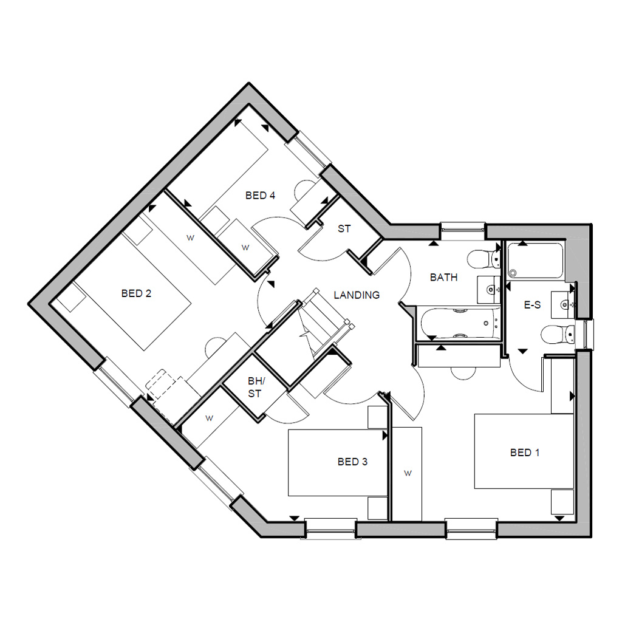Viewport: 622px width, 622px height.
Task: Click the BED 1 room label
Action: click(x=525, y=453)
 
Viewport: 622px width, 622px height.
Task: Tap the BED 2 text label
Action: click(x=136, y=293)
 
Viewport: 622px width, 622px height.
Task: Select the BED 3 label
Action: click(x=352, y=462)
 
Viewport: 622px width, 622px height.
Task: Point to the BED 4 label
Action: click(x=261, y=196)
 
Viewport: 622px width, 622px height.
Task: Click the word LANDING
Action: click(x=357, y=295)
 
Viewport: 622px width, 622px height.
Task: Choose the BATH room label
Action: click(x=443, y=278)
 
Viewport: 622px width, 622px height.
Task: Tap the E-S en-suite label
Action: click(x=532, y=305)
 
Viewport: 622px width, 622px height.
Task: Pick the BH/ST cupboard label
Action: click(x=255, y=388)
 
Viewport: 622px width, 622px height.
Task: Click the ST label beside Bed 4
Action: click(x=344, y=229)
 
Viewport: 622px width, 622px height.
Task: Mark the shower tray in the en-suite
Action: click(x=536, y=261)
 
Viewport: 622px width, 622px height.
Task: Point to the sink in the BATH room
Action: click(x=488, y=290)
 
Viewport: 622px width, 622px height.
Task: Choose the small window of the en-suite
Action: click(x=587, y=333)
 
